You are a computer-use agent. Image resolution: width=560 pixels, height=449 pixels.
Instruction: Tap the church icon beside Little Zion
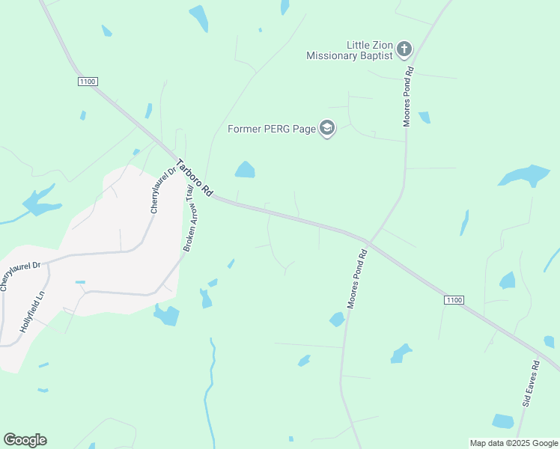404,49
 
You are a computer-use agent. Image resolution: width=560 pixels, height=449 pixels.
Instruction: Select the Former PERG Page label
271,129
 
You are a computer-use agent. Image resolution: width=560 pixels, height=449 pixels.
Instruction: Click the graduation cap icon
326,129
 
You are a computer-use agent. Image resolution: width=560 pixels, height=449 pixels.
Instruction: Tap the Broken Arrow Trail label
194,219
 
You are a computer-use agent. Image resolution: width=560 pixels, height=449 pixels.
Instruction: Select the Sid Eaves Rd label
531,383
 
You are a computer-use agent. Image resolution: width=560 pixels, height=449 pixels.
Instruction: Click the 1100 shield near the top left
87,81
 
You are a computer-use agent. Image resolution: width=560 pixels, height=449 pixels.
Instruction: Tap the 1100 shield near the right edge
454,300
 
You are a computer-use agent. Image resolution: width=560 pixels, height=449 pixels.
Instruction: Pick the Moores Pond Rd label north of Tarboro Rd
408,97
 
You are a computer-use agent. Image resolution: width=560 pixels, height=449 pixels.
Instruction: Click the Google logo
25,440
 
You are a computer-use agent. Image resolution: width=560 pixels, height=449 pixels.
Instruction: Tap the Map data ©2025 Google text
514,443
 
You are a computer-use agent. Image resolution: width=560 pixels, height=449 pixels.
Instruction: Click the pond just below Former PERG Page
245,170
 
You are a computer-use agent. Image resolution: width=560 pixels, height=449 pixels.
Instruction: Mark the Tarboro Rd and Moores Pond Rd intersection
368,242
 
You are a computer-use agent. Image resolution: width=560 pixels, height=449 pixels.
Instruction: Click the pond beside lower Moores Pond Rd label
337,320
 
